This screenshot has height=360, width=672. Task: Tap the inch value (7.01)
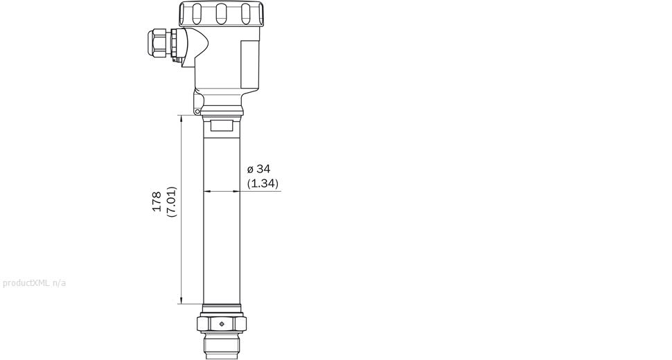pos(172,201)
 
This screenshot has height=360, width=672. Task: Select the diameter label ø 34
pos(258,169)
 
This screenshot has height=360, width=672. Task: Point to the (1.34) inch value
pos(263,183)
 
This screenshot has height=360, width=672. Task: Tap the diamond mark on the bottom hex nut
pos(222,323)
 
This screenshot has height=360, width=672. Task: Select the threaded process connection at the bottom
pos(222,345)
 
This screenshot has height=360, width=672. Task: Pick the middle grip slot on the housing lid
pos(222,12)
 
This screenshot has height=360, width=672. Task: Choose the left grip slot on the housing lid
pos(196,12)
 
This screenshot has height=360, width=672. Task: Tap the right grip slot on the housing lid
pos(246,12)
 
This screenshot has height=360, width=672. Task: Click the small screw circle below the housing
pos(197,111)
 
